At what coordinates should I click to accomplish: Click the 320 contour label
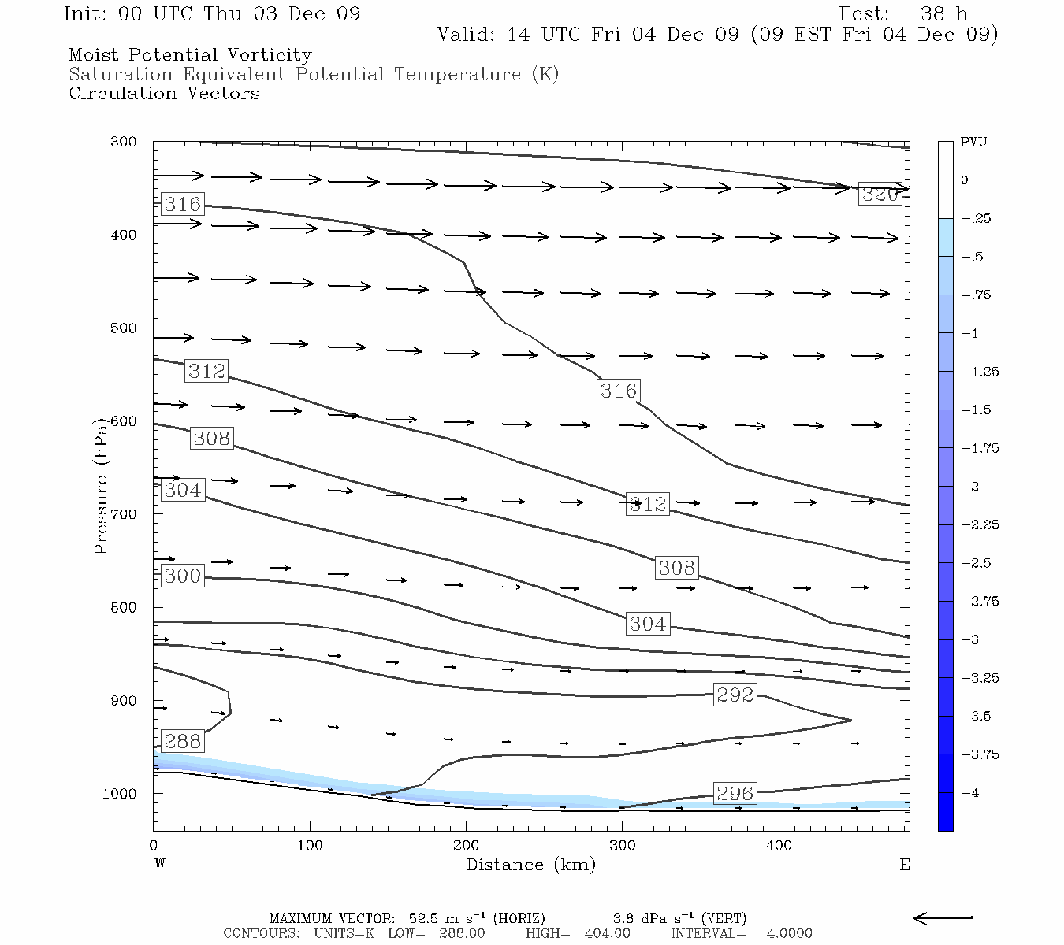(880, 195)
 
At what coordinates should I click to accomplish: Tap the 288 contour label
(183, 741)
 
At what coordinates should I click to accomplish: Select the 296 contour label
(735, 793)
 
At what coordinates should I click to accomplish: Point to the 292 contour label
(735, 695)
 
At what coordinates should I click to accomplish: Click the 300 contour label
(183, 576)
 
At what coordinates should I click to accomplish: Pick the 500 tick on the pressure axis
(123, 328)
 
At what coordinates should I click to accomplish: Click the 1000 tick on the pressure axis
(120, 794)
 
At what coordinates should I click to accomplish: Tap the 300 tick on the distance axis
(623, 846)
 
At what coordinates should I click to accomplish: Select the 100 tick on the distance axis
(310, 846)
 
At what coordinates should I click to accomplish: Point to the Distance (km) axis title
(530, 865)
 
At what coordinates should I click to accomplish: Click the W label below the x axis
(159, 865)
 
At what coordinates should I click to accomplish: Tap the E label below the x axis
(905, 865)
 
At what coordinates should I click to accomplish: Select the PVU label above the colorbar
(973, 143)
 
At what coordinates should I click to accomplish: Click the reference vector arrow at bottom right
(943, 917)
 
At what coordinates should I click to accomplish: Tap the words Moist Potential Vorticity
(190, 55)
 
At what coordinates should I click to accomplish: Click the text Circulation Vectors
(164, 94)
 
